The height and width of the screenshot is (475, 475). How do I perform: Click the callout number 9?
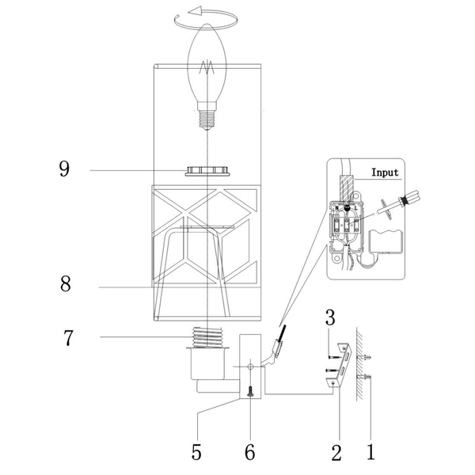[x=64, y=169]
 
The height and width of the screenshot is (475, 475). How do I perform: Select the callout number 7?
[x=69, y=338]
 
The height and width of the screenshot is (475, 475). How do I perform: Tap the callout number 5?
[x=196, y=452]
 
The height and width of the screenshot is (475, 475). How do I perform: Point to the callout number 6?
[x=249, y=452]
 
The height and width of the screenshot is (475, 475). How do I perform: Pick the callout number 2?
[x=336, y=452]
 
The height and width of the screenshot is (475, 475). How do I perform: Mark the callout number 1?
[x=370, y=452]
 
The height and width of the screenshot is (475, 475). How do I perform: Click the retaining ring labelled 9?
[x=207, y=171]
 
